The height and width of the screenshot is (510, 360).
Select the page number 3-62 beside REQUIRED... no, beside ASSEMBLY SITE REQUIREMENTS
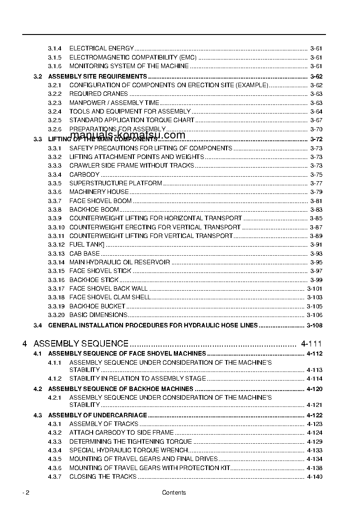(x=316, y=77)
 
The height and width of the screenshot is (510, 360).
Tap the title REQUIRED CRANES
(x=99, y=94)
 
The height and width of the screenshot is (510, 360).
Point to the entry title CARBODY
(x=84, y=175)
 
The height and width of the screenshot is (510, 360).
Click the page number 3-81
(x=316, y=201)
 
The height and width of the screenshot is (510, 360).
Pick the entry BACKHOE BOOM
(x=94, y=210)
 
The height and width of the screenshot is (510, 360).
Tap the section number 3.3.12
(x=56, y=245)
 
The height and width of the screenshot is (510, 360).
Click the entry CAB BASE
(x=84, y=254)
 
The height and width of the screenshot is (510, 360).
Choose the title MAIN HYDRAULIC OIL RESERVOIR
(x=119, y=262)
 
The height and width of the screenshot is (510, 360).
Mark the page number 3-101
(x=315, y=289)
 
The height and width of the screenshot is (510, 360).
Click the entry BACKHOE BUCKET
(x=97, y=307)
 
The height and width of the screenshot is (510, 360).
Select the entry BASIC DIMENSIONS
(x=98, y=315)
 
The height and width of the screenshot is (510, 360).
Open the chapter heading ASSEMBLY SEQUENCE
(x=81, y=344)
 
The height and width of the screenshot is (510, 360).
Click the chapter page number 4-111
(x=311, y=344)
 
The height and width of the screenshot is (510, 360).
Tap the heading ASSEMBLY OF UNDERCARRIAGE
(x=98, y=415)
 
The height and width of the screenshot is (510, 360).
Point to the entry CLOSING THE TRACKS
(x=103, y=477)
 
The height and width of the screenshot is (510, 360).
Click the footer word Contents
(x=174, y=493)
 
